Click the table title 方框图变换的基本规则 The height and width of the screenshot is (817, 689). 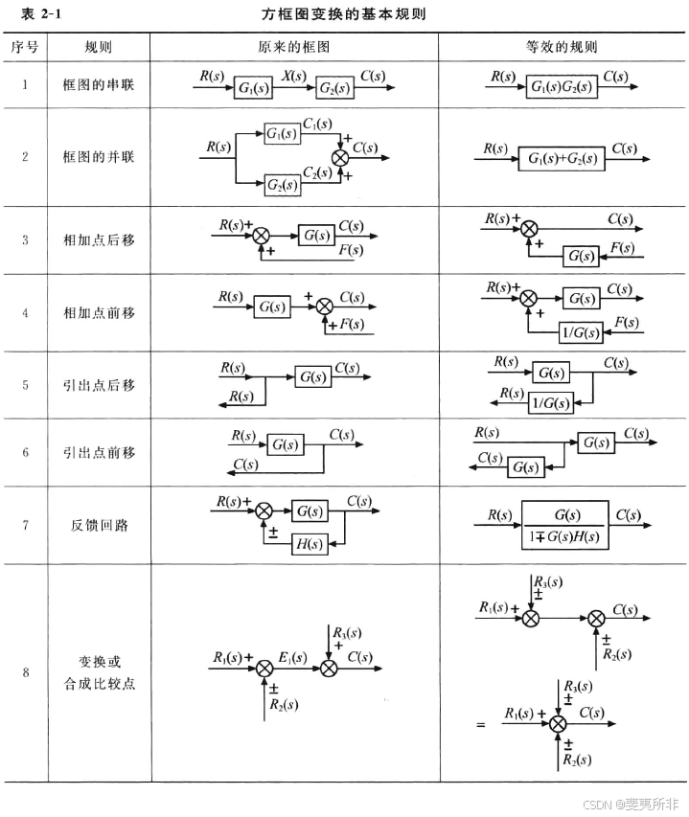[343, 15]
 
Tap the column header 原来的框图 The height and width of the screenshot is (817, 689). [294, 47]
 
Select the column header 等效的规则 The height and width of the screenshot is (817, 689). [563, 47]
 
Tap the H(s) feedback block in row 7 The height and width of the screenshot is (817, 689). [309, 544]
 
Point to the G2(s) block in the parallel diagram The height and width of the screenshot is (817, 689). [281, 183]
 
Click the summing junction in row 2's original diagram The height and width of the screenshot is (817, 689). [341, 157]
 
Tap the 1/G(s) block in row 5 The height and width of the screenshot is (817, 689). [550, 403]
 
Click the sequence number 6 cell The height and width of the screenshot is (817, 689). [25, 452]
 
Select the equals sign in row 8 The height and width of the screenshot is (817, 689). [481, 725]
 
